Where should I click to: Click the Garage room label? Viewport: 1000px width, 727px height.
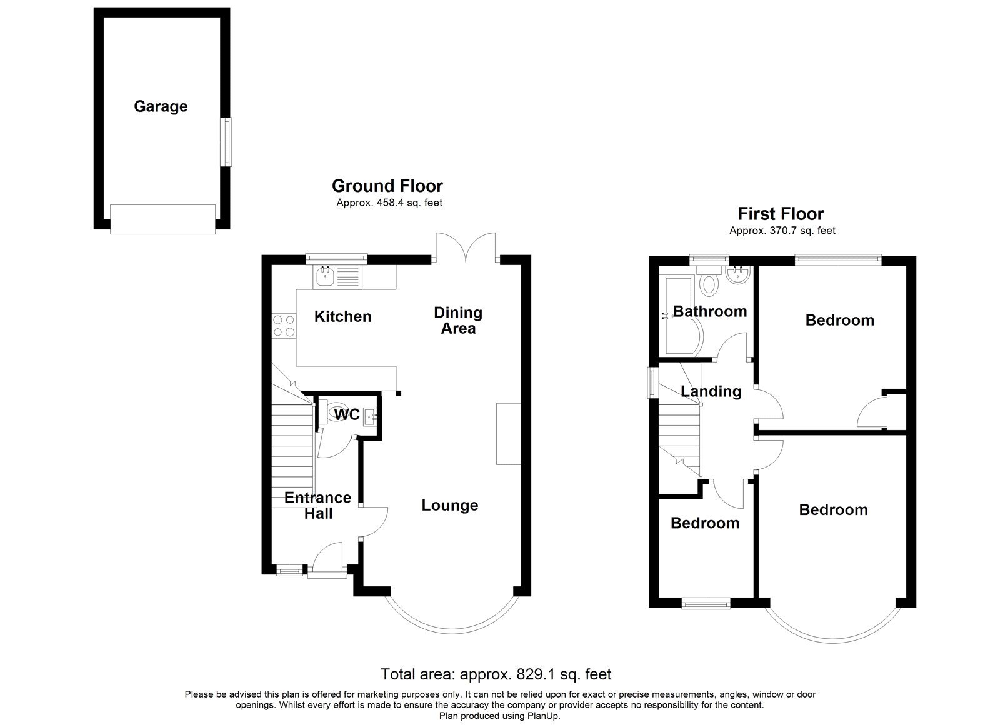pyautogui.click(x=161, y=106)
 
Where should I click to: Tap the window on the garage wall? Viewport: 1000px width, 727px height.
pyautogui.click(x=227, y=142)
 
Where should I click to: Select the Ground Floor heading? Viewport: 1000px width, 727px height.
pyautogui.click(x=387, y=185)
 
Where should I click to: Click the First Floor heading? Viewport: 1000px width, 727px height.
pyautogui.click(x=781, y=214)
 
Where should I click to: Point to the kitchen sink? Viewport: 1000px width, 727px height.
pyautogui.click(x=325, y=276)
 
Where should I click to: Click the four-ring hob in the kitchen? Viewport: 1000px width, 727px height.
pyautogui.click(x=284, y=326)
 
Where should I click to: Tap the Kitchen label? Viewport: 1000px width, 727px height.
pyautogui.click(x=343, y=316)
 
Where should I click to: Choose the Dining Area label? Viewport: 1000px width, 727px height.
pyautogui.click(x=458, y=321)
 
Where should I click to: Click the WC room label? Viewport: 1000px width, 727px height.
pyautogui.click(x=347, y=414)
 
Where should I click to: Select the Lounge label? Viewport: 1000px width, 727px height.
pyautogui.click(x=450, y=505)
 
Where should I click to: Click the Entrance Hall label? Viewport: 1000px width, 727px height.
pyautogui.click(x=318, y=506)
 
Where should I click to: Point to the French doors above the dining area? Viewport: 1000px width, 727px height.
pyautogui.click(x=466, y=247)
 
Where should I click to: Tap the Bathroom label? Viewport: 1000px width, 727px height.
pyautogui.click(x=710, y=311)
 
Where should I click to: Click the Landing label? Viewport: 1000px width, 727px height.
pyautogui.click(x=711, y=392)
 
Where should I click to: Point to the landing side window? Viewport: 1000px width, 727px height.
pyautogui.click(x=654, y=383)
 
